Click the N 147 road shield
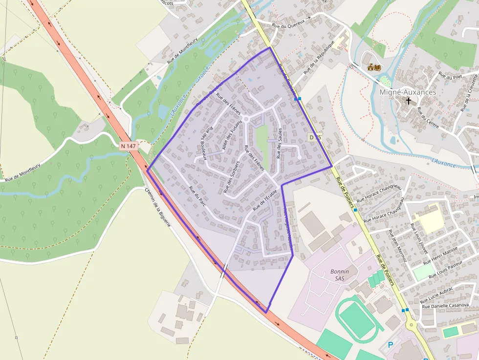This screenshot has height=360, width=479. tap(129, 146)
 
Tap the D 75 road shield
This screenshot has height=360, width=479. tap(315, 138)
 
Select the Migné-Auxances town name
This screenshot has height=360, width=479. tap(408, 92)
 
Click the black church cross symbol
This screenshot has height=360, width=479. tap(408, 101)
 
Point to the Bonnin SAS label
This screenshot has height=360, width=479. tap(340, 275)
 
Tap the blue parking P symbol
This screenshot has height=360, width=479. tap(390, 345)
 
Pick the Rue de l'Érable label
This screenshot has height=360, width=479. tap(265, 200)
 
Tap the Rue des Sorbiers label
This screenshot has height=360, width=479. tap(231, 176)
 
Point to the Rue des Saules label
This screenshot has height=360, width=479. tap(280, 143)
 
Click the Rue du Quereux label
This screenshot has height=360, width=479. tap(288, 22)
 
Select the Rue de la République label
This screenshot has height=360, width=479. tap(318, 57)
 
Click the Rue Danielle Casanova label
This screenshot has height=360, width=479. tap(445, 306)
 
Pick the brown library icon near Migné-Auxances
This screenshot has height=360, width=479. tap(374, 66)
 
